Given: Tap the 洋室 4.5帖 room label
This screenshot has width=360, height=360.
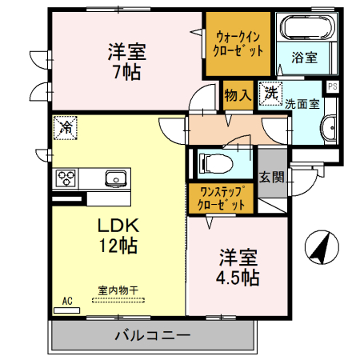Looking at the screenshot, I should click(x=238, y=268).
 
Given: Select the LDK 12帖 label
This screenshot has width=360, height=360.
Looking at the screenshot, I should click(x=118, y=234).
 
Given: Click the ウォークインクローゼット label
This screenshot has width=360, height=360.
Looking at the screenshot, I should click(x=238, y=42).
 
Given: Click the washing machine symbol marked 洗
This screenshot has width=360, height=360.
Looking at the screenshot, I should click(x=271, y=93).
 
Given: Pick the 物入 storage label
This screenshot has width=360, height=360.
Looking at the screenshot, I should click(x=238, y=94).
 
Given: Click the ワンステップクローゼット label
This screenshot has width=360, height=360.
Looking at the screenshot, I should click(x=222, y=198).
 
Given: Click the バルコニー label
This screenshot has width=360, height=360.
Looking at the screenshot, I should click(x=152, y=334).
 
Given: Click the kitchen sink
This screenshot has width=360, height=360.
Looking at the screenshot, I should click(x=114, y=178).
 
